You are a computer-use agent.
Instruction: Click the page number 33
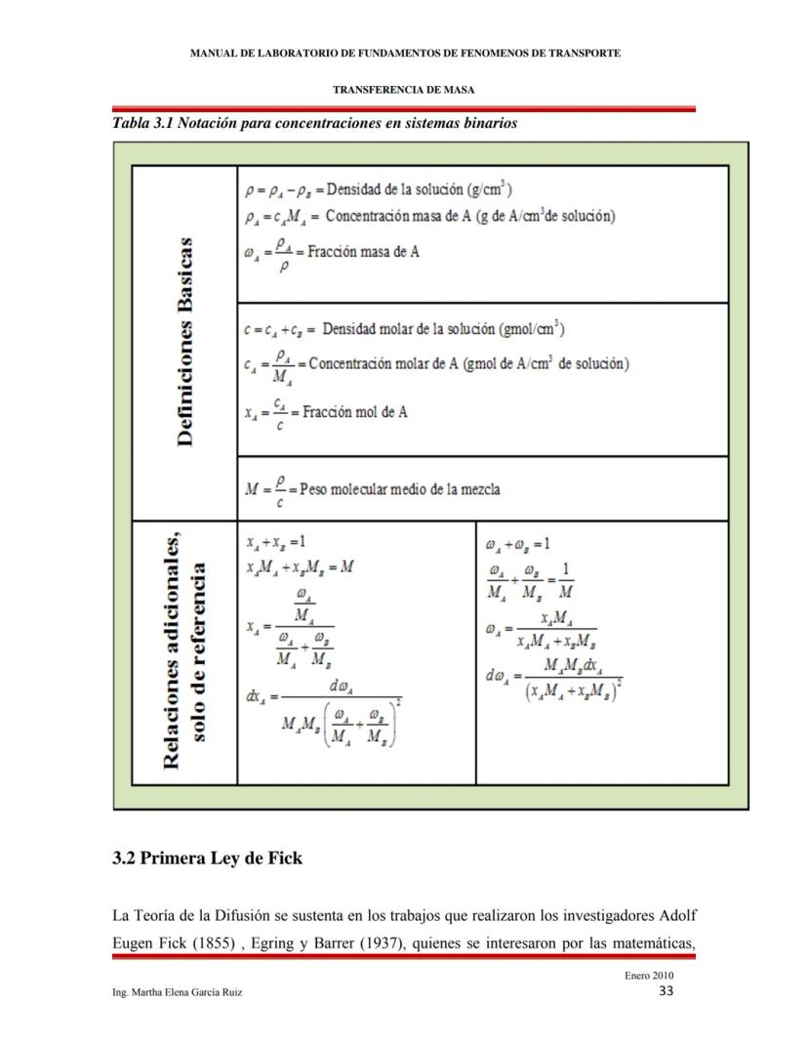(667, 991)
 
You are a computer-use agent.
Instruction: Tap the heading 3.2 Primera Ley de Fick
(207, 859)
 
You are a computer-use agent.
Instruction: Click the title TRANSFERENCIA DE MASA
(403, 89)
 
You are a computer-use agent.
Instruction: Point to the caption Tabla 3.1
(314, 124)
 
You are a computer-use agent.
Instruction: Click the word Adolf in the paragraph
(674, 917)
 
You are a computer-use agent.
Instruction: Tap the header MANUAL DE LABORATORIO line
(403, 53)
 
